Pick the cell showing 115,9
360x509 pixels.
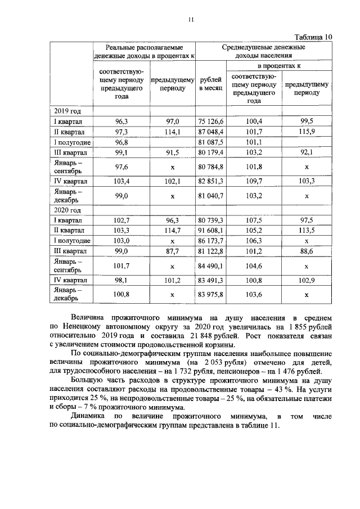coord(307,132)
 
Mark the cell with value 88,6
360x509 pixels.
coord(307,250)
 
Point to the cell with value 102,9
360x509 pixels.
coord(307,280)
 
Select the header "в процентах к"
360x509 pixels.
coord(280,66)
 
